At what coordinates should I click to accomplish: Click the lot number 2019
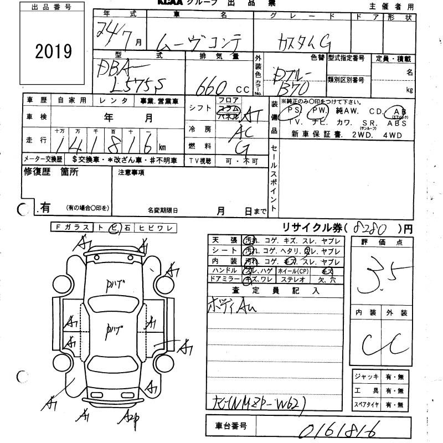(x=54, y=52)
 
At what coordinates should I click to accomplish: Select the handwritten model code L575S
(x=136, y=83)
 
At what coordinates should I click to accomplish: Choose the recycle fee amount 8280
(x=374, y=227)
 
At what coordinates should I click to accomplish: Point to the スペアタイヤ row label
(x=367, y=405)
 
